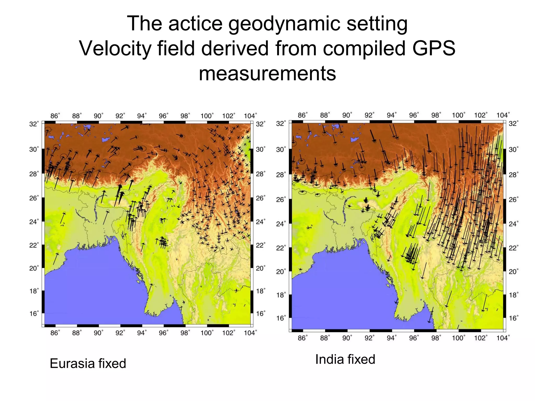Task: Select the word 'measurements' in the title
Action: click(267, 73)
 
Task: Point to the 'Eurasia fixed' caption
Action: click(88, 363)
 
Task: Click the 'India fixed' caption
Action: click(345, 359)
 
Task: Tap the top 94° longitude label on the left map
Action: click(142, 116)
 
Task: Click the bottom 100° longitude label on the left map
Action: click(207, 333)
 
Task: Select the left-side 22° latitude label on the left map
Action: click(34, 245)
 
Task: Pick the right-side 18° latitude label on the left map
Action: click(260, 291)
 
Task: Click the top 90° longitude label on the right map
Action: click(347, 115)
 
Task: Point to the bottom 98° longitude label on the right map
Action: click(436, 338)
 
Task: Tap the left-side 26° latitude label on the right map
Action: click(281, 200)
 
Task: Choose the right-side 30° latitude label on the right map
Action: click(513, 150)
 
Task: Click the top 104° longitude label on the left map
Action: click(250, 116)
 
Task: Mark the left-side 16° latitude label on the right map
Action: click(281, 318)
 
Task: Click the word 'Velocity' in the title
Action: click(115, 48)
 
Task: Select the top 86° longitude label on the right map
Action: click(303, 115)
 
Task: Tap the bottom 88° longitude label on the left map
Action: click(77, 333)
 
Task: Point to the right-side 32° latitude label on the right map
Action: click(513, 123)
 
